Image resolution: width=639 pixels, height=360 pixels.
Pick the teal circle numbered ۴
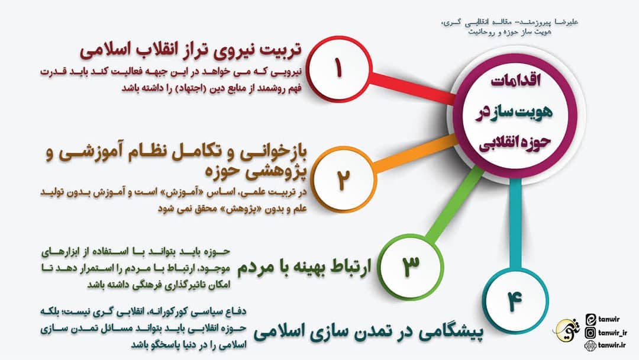coord(512,301)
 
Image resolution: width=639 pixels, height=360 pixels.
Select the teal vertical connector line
coord(515,225)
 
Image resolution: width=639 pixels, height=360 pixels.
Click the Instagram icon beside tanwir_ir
coord(589,333)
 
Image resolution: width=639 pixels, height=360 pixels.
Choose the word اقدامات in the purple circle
coord(508,82)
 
